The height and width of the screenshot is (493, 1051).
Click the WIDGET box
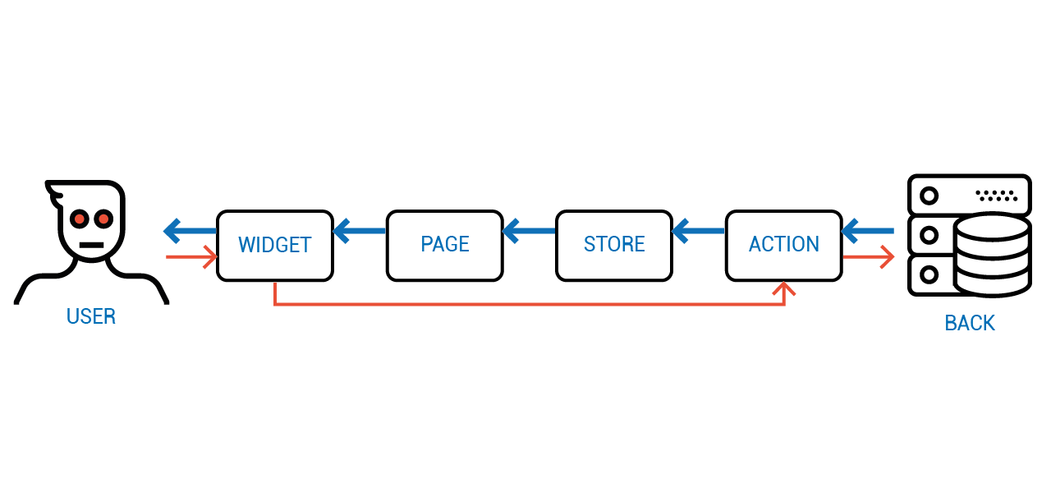(x=275, y=246)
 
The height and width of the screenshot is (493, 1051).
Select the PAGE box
(x=445, y=246)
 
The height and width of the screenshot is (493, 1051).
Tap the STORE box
(x=614, y=246)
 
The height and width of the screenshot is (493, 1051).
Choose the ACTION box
(x=784, y=246)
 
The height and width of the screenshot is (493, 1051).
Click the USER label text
(x=91, y=316)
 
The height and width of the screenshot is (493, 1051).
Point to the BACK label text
(x=970, y=323)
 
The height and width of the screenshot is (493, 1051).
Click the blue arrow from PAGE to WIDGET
(x=360, y=231)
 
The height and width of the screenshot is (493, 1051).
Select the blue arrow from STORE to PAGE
(x=529, y=231)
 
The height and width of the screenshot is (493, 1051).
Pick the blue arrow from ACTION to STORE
(x=699, y=231)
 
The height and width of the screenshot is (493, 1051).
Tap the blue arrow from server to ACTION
(x=868, y=231)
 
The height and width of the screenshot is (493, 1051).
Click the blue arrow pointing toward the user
(x=190, y=231)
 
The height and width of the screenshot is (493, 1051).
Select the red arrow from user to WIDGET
(x=191, y=257)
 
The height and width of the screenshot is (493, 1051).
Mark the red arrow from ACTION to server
(x=869, y=257)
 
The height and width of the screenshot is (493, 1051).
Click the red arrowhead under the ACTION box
(x=784, y=288)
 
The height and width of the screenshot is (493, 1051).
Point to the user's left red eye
(x=80, y=219)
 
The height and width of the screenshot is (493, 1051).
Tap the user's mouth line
(x=91, y=245)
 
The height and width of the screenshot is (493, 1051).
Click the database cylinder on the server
(x=992, y=255)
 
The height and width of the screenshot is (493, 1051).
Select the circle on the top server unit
(x=929, y=196)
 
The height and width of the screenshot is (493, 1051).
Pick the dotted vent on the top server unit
(x=997, y=196)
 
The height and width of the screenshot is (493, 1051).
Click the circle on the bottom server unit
(x=929, y=274)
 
